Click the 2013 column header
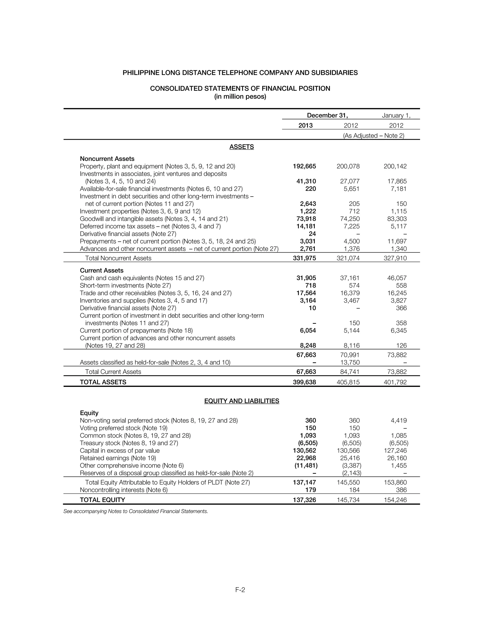pyautogui.click(x=305, y=126)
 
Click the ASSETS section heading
pyautogui.click(x=242, y=147)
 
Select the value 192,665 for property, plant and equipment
pyautogui.click(x=304, y=166)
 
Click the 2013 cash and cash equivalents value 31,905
pyautogui.click(x=306, y=278)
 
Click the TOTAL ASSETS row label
pyautogui.click(x=103, y=382)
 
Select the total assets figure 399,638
pyautogui.click(x=304, y=382)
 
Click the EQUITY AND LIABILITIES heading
pyautogui.click(x=242, y=401)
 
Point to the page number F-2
pyautogui.click(x=240, y=590)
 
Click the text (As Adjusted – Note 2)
pyautogui.click(x=374, y=136)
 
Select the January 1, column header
pyautogui.click(x=396, y=116)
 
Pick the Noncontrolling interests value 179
pyautogui.click(x=310, y=490)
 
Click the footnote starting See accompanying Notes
pyautogui.click(x=136, y=512)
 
